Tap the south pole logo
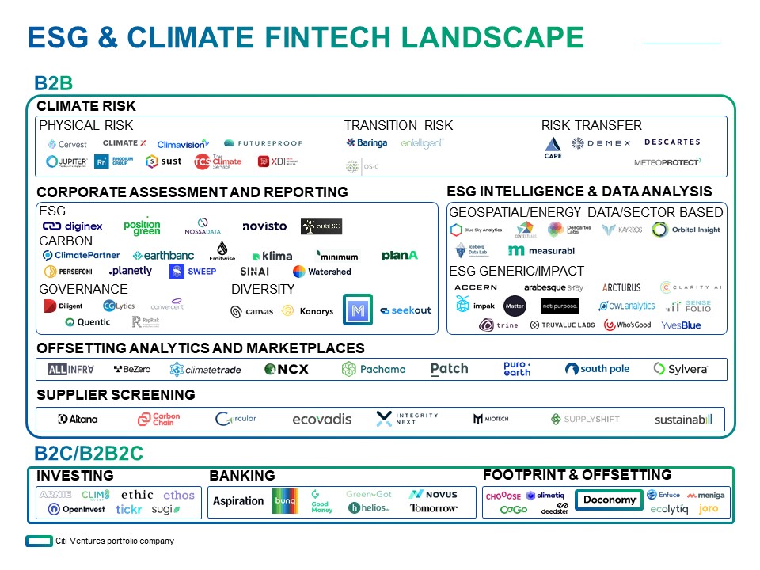pyautogui.click(x=598, y=369)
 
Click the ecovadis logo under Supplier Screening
pyautogui.click(x=321, y=419)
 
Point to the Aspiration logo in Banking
pyautogui.click(x=238, y=501)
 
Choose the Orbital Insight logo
pyautogui.click(x=686, y=230)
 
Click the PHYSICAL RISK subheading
pyautogui.click(x=85, y=125)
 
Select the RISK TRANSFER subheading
pyautogui.click(x=591, y=125)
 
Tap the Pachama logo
pyautogui.click(x=374, y=369)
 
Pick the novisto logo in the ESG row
pyautogui.click(x=264, y=226)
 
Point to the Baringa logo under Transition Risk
pyautogui.click(x=367, y=143)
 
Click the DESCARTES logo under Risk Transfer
pyautogui.click(x=672, y=142)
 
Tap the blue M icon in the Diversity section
pyautogui.click(x=357, y=310)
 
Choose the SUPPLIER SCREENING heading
pyautogui.click(x=116, y=394)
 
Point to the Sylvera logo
pyautogui.click(x=680, y=369)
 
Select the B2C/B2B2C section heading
pyautogui.click(x=89, y=454)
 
